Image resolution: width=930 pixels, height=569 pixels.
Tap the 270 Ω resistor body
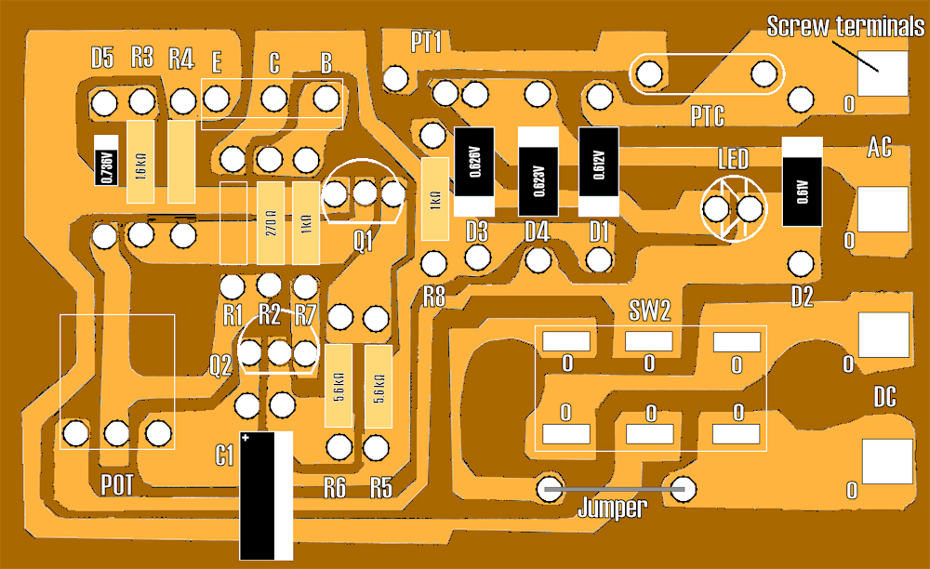pos(269,222)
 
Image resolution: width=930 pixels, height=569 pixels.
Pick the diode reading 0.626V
pos(472,172)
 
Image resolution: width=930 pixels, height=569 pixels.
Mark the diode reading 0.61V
pos(802,182)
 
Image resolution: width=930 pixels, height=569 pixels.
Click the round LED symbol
pos(735,209)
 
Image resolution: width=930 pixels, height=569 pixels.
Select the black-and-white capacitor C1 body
pos(266,496)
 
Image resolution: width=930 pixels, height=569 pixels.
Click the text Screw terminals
pos(845,27)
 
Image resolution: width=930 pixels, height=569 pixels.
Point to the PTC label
pos(708,117)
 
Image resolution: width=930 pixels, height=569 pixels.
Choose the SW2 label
pos(650,311)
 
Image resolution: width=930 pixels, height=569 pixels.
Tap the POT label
pos(117,484)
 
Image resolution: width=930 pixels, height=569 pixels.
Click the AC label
pos(880,147)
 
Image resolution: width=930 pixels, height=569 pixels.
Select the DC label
pos(884,399)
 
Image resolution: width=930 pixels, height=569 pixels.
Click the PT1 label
pos(426,42)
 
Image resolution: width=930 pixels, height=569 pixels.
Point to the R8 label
pos(434,298)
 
